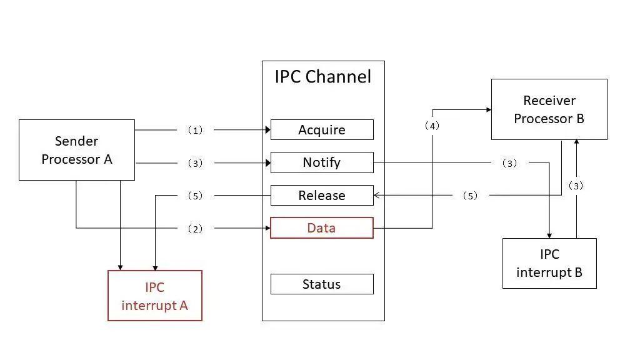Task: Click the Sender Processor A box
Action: [77, 150]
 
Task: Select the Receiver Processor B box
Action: [549, 109]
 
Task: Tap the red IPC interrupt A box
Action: [155, 296]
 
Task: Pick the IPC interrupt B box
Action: [549, 263]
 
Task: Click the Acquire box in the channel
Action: [322, 130]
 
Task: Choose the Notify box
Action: [322, 162]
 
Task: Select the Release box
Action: [322, 196]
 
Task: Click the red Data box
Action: [322, 228]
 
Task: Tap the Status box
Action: [322, 284]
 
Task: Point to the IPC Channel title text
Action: [323, 77]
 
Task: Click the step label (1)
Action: [196, 131]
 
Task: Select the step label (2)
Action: [196, 229]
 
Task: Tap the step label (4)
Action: [432, 126]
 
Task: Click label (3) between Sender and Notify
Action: [196, 163]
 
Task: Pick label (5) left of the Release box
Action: [196, 196]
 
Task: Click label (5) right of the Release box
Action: [470, 196]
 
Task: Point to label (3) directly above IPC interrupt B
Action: [576, 186]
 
